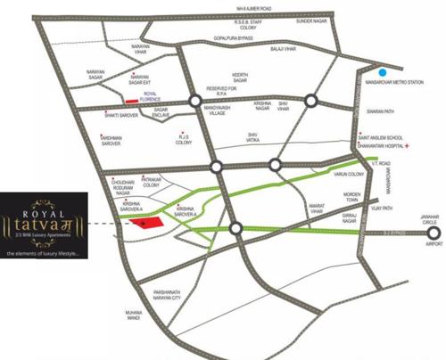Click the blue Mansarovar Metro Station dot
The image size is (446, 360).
click(383, 72)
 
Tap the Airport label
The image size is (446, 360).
click(434, 242)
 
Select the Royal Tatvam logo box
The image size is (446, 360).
click(44, 226)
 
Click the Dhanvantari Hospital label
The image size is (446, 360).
click(379, 145)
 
